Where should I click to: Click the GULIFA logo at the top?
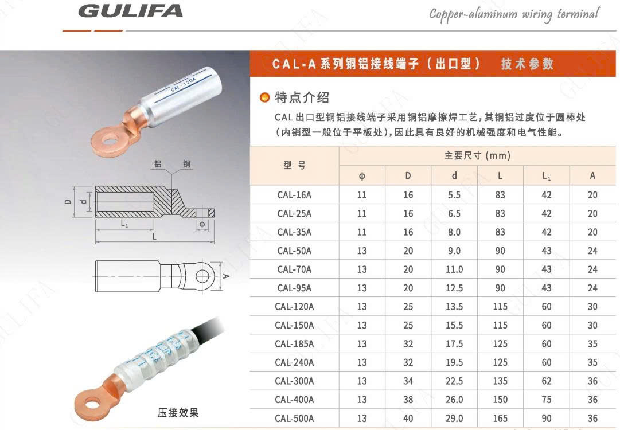131,11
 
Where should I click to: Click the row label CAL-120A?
294,307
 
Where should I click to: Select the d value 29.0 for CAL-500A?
454,419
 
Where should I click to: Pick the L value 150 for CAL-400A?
500,400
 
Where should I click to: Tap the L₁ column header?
546,176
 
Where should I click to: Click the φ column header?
362,176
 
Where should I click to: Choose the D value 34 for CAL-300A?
408,381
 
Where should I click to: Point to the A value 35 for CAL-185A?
592,344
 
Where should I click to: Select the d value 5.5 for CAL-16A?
454,195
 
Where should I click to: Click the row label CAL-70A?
294,269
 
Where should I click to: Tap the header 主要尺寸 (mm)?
477,156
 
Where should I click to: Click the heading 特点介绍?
302,97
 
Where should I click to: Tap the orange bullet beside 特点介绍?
264,97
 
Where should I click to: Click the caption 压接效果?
178,413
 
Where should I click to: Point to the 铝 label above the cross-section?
158,163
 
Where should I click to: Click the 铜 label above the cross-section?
186,163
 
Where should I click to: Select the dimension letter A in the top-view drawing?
226,276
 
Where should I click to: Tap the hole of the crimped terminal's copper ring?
92,404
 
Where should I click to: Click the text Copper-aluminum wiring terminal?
514,15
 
